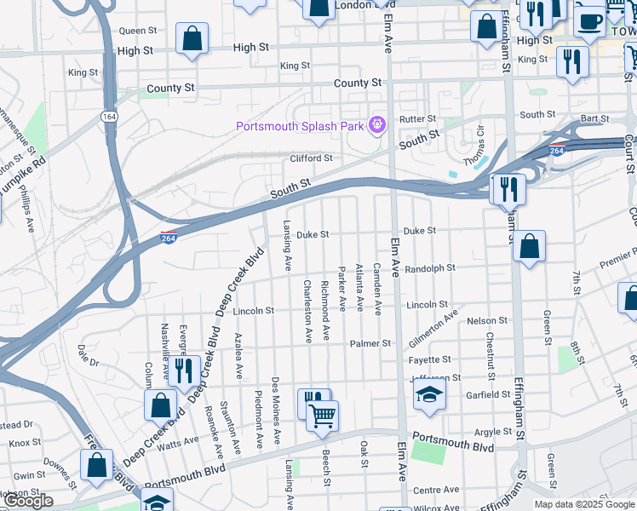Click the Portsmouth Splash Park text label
[300, 128]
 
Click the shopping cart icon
[323, 416]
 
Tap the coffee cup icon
[588, 19]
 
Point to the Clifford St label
[310, 158]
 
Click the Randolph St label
[430, 268]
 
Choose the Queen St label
[138, 31]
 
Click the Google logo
[28, 501]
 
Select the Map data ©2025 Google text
[584, 504]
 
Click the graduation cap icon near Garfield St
[429, 393]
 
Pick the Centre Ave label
[435, 491]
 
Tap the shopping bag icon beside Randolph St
[529, 246]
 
